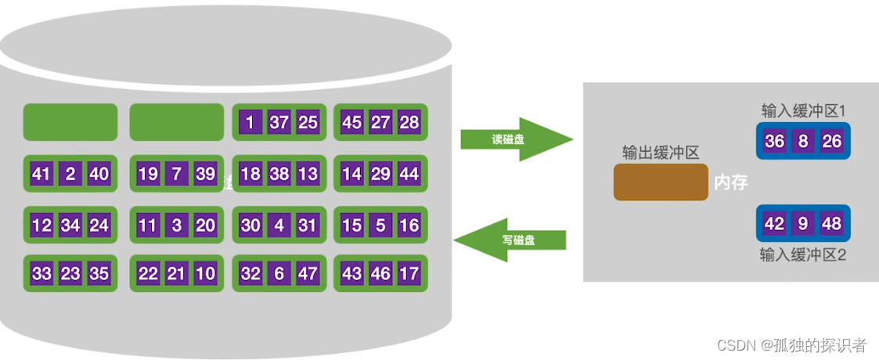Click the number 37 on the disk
point(279,122)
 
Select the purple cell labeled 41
point(41,174)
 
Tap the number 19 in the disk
point(147,174)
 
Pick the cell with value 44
point(409,174)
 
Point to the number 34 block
point(70,225)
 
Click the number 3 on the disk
point(176,225)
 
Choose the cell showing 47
point(308,274)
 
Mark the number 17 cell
point(409,274)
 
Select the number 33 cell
point(41,274)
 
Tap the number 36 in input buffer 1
point(774,142)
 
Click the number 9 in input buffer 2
point(803,224)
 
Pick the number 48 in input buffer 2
point(831,224)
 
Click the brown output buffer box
point(661,182)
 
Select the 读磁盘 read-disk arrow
point(517,139)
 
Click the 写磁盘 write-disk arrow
point(510,240)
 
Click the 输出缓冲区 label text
point(660,153)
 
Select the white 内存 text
point(731,183)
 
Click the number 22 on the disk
point(147,274)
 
